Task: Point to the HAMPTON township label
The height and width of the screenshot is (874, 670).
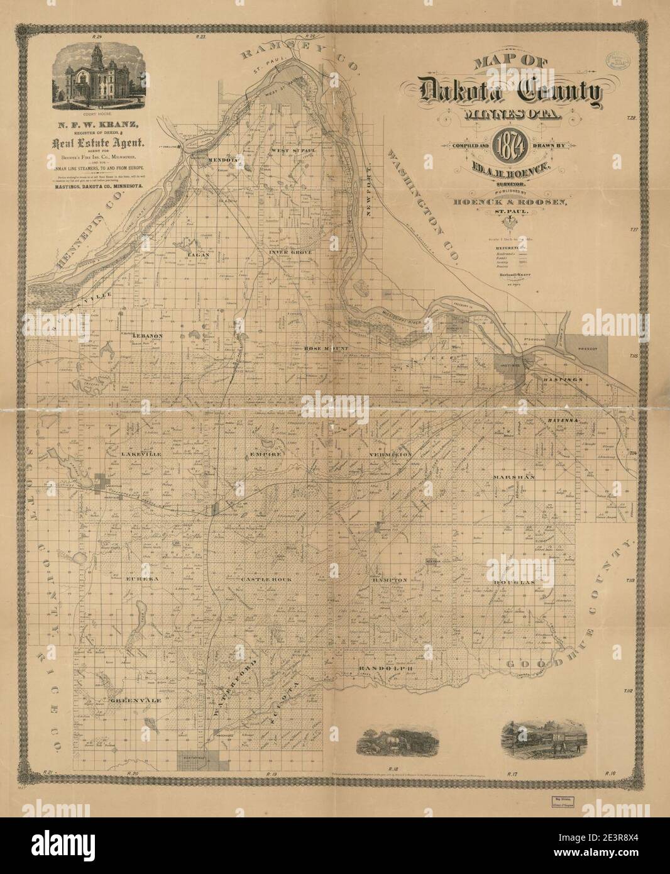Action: click(390, 580)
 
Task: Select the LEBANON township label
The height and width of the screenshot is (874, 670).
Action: click(148, 336)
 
